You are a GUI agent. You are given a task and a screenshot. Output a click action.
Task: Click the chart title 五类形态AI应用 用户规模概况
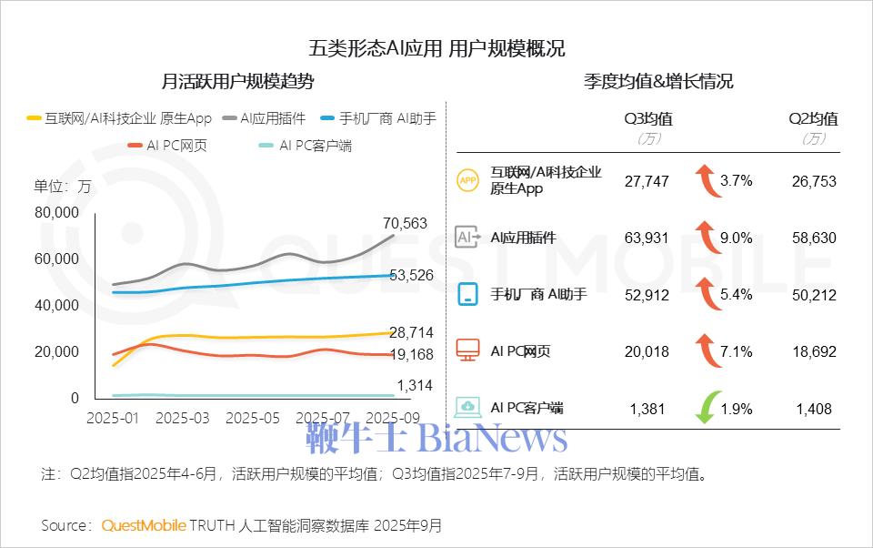point(436,47)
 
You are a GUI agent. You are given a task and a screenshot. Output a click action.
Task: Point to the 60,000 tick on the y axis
point(57,259)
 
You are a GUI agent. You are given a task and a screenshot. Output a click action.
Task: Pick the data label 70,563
point(406,224)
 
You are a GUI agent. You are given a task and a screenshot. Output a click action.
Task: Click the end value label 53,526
point(411,276)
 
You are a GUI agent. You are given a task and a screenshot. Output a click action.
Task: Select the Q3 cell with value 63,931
point(647,238)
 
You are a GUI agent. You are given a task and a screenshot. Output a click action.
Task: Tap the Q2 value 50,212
point(812,295)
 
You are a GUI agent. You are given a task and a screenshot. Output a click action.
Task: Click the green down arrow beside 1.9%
point(703,408)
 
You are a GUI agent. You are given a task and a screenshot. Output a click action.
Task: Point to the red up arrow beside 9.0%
point(703,238)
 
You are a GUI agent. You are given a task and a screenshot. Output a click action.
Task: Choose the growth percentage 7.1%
point(736,351)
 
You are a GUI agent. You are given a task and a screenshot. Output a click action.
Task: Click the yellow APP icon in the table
point(467,181)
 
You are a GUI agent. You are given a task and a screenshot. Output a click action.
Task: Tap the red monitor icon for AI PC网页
point(467,350)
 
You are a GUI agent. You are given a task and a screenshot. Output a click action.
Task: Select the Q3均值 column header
point(647,119)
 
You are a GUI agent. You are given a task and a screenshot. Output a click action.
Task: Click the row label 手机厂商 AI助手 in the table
point(538,295)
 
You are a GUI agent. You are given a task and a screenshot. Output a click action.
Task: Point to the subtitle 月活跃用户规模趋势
point(237,82)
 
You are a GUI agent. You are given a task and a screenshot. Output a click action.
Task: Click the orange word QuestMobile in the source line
point(144,526)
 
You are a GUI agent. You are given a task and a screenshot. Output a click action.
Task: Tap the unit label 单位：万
point(63,187)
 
